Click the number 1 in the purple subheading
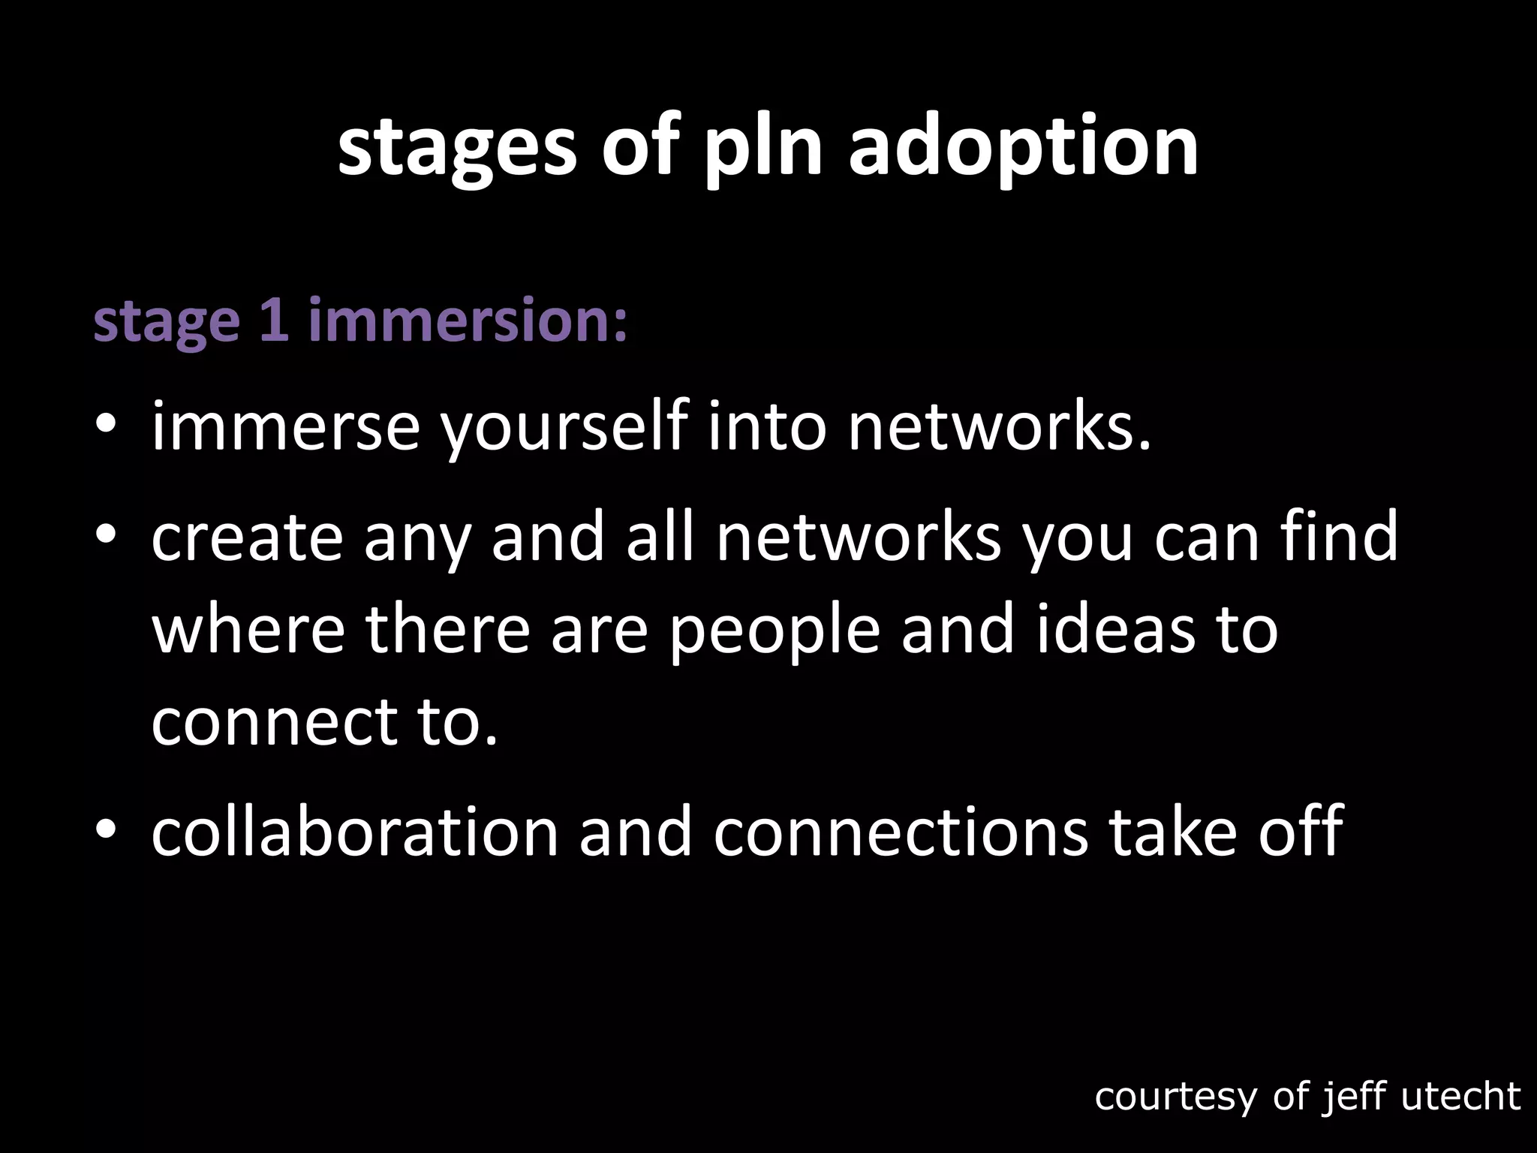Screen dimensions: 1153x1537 click(275, 321)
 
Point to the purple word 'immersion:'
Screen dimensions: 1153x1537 click(468, 321)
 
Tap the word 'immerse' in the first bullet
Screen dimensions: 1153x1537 click(285, 428)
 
